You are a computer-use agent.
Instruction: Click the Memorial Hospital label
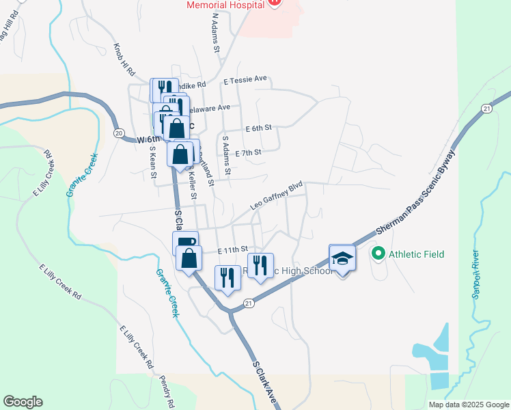(225, 5)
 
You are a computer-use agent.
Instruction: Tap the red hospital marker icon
(274, 3)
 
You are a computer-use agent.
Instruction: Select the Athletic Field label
(416, 254)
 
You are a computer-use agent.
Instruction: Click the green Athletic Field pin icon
(378, 254)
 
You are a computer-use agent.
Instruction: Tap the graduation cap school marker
(342, 258)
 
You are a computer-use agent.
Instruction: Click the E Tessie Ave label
(245, 81)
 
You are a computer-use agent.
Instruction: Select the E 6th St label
(259, 128)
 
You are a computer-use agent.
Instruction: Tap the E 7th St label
(248, 153)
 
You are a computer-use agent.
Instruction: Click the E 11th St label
(232, 251)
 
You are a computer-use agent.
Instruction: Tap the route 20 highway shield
(119, 133)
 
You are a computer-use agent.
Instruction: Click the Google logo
(23, 402)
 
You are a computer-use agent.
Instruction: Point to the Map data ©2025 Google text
(468, 405)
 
